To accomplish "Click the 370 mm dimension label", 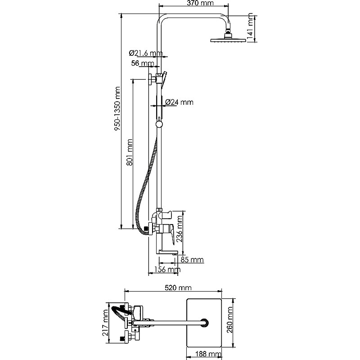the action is click(200, 3).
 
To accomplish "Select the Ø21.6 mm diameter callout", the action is click(146, 53).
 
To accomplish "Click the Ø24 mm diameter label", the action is click(179, 102).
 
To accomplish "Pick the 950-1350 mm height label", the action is click(117, 108).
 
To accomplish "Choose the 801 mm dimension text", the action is click(129, 152).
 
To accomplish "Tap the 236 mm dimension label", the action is click(179, 229).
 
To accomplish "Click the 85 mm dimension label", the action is click(192, 260).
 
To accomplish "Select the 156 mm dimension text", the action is click(167, 269).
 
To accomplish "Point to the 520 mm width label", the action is click(178, 288).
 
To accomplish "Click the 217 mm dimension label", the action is click(105, 323).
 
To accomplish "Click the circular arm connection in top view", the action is click(204, 322).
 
